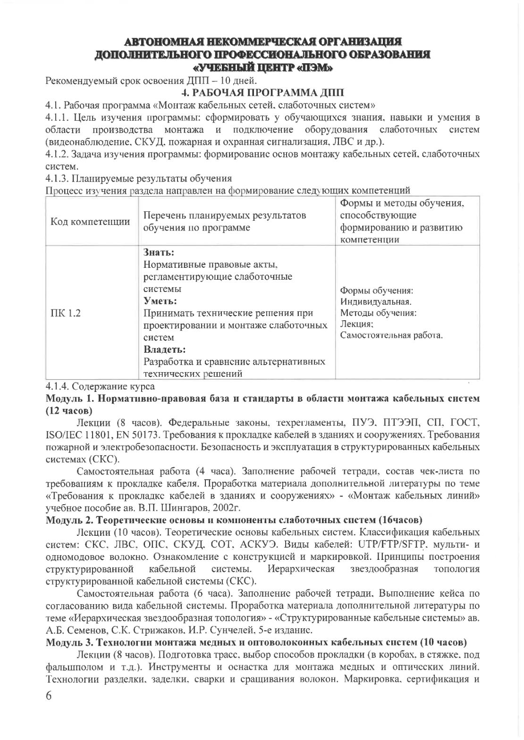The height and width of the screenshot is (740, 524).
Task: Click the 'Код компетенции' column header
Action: pos(91,222)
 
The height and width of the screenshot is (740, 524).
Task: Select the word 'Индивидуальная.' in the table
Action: pos(376,301)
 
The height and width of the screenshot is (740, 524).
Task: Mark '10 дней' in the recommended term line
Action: pos(239,79)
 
